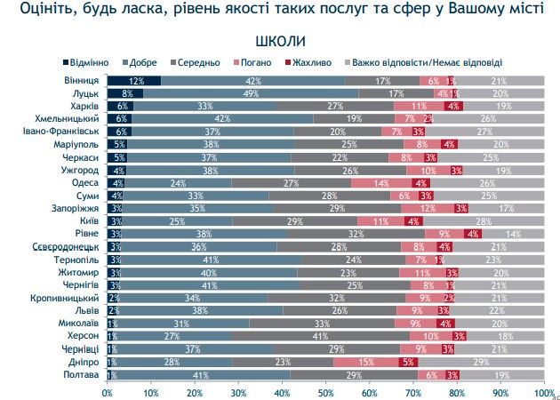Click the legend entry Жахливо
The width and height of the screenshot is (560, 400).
[x=312, y=62]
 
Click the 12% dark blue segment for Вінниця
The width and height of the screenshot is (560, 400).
[x=133, y=80]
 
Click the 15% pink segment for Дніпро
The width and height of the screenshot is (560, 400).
[x=366, y=363]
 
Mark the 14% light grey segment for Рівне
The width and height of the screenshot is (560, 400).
[x=513, y=234]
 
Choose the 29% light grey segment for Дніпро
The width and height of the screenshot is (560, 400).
[x=481, y=363]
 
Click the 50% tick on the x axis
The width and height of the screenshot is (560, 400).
[x=325, y=391]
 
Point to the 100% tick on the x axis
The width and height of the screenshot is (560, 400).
[x=541, y=391]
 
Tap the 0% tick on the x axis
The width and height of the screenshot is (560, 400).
[x=108, y=391]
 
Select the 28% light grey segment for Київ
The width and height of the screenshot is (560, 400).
[x=483, y=221]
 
